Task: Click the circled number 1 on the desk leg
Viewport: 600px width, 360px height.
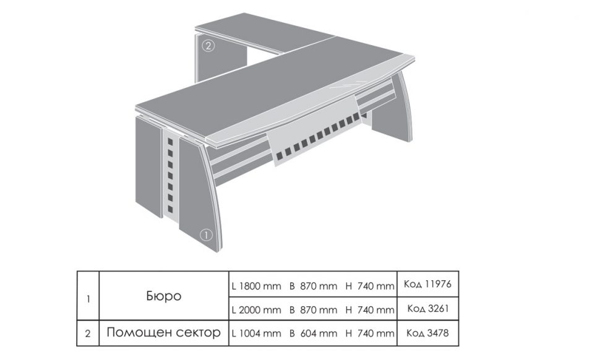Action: click(x=206, y=235)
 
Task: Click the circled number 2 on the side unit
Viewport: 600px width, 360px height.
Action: click(x=208, y=46)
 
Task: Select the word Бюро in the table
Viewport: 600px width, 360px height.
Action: click(x=164, y=296)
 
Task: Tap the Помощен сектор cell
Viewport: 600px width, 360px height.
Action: click(x=164, y=332)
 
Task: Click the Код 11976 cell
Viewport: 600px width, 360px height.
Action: click(x=427, y=284)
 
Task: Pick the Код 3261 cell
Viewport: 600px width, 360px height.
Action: click(x=427, y=309)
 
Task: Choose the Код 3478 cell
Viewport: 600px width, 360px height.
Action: click(x=427, y=333)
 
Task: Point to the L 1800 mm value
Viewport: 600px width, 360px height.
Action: click(x=256, y=286)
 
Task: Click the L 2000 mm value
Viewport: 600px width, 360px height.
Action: click(x=256, y=310)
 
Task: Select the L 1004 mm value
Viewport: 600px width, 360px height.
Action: click(x=256, y=333)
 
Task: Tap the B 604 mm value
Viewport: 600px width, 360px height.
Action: click(x=314, y=333)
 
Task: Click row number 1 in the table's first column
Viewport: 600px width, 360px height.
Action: click(x=88, y=298)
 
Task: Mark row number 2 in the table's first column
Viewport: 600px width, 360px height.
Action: click(x=88, y=333)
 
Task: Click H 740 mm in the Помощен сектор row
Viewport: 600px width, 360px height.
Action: click(x=370, y=333)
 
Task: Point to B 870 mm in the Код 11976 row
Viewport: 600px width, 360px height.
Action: click(x=314, y=286)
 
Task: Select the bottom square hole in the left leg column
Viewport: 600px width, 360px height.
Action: click(x=170, y=209)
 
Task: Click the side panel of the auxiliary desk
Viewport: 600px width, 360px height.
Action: click(x=221, y=58)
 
